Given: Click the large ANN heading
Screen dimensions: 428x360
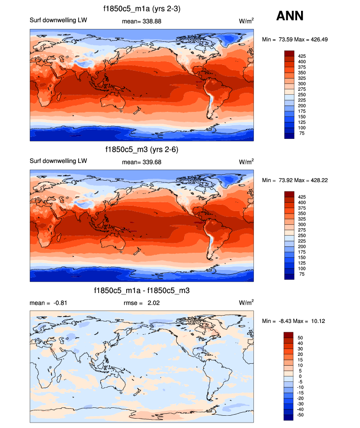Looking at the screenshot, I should (290, 16).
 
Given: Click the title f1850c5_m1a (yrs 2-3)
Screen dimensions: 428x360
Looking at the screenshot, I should (141, 9).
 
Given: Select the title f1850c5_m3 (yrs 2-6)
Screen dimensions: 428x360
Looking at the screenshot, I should (141, 149).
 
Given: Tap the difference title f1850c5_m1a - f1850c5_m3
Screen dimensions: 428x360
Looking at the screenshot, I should (142, 291).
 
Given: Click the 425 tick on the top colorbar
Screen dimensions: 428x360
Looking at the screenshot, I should (302, 57).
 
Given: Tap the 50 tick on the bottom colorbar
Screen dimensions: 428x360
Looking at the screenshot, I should (301, 338).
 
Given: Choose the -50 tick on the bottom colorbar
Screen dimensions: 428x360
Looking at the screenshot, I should (302, 415).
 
